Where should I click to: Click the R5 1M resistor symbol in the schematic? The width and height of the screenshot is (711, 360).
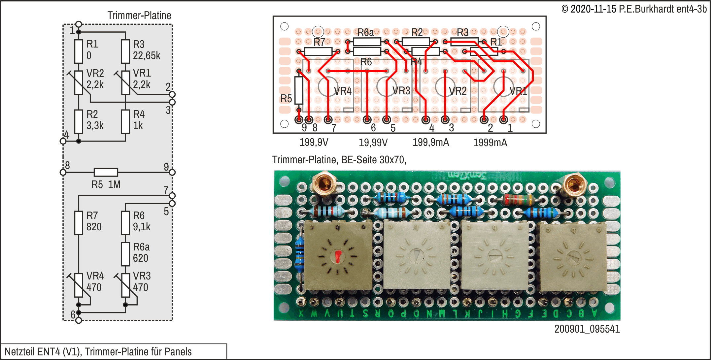coord(106,172)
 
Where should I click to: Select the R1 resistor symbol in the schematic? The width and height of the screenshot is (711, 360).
coord(79,51)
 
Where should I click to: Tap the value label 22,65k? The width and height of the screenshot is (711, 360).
coord(147,55)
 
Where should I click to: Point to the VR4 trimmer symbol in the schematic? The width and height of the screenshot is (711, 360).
coord(79,285)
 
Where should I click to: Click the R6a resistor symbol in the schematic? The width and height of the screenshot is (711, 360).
coord(125,254)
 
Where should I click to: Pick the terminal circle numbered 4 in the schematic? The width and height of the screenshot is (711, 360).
coord(63,141)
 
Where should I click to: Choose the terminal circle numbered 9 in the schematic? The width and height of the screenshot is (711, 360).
coord(172,172)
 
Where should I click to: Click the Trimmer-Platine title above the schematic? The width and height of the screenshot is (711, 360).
coord(139,16)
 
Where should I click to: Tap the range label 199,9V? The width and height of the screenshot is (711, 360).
coord(314,143)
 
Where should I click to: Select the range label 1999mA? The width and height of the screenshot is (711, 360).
coord(490,143)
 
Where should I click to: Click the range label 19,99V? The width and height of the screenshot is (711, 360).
coord(373,143)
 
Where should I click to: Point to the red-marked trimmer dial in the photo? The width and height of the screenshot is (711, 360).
coord(338,256)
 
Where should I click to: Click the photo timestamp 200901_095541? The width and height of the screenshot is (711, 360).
coord(587,329)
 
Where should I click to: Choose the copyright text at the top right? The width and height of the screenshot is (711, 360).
coord(634,9)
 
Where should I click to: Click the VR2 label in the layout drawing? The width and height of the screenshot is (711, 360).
coord(457,91)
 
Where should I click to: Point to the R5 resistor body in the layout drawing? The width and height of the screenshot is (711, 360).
coord(299,90)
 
